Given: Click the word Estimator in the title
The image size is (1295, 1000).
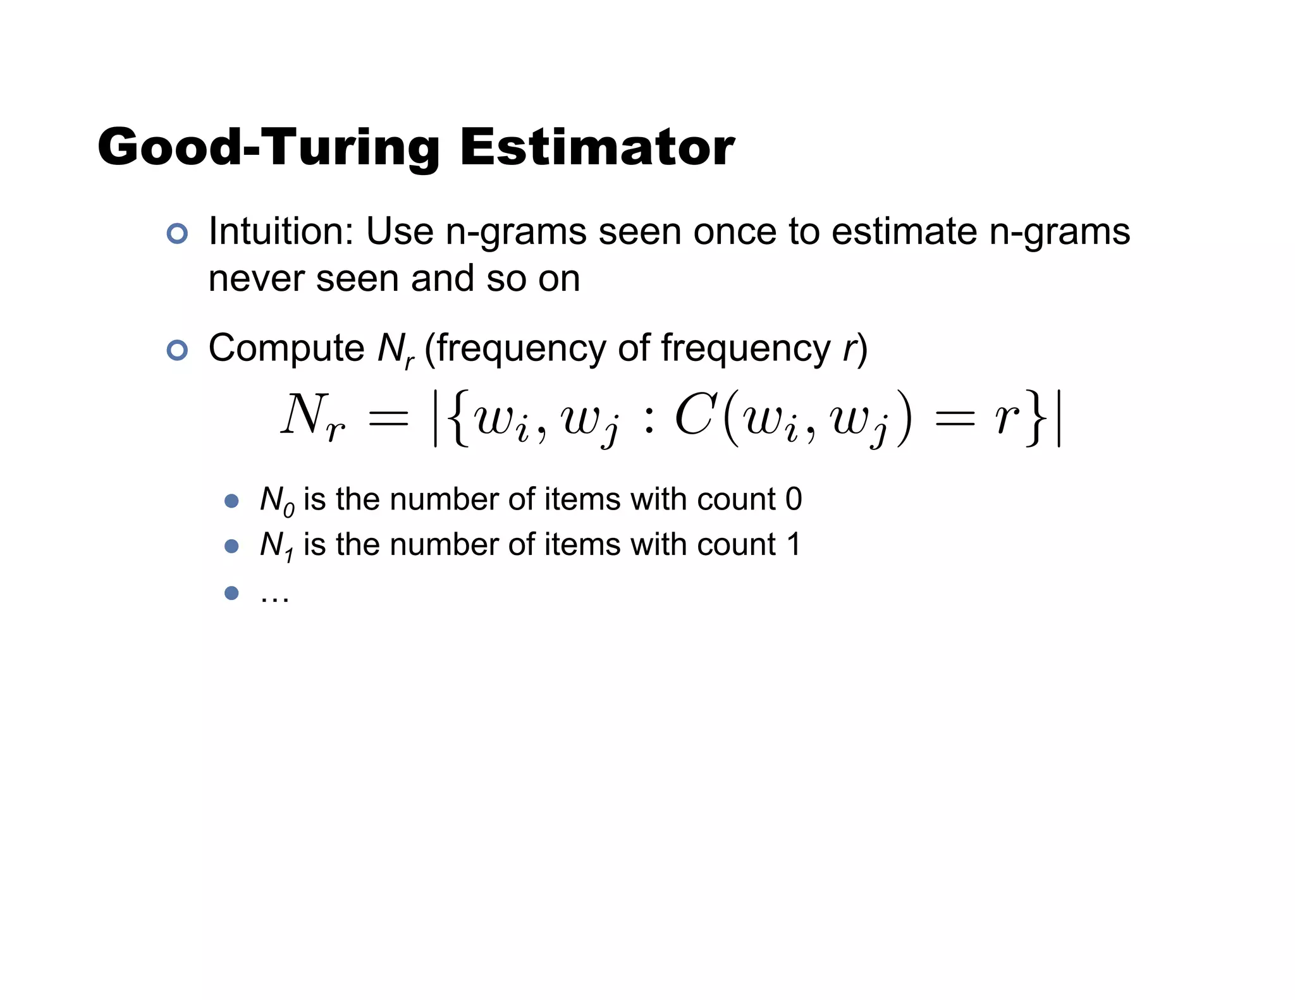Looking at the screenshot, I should [597, 147].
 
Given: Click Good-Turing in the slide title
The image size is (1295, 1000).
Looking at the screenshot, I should [268, 147].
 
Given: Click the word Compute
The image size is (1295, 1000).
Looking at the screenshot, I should [286, 348].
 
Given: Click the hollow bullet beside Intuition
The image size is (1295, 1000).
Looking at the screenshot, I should [177, 234].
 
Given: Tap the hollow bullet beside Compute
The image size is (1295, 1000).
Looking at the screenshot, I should [177, 350].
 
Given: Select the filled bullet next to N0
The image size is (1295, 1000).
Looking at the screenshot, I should [231, 501].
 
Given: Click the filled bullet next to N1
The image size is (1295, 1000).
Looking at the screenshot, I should [231, 546].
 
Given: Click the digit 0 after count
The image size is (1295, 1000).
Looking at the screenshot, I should [794, 499].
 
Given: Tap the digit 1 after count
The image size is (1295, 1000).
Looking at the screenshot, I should [793, 544].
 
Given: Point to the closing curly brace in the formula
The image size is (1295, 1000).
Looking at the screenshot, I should [1036, 417].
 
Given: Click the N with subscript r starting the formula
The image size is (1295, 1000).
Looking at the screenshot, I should [312, 417].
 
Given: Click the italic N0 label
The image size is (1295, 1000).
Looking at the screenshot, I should [277, 501].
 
